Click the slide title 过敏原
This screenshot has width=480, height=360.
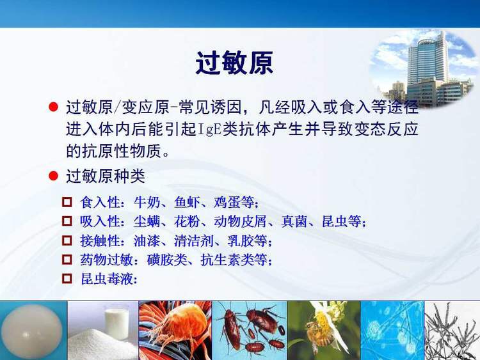(x=234, y=64)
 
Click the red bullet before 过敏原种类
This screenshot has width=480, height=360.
(x=54, y=176)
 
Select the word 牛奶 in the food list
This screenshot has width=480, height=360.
(x=146, y=203)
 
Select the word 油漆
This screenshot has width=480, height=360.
(x=146, y=242)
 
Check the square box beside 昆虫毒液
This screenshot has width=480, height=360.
(x=67, y=279)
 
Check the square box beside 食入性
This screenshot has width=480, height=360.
(x=67, y=203)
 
